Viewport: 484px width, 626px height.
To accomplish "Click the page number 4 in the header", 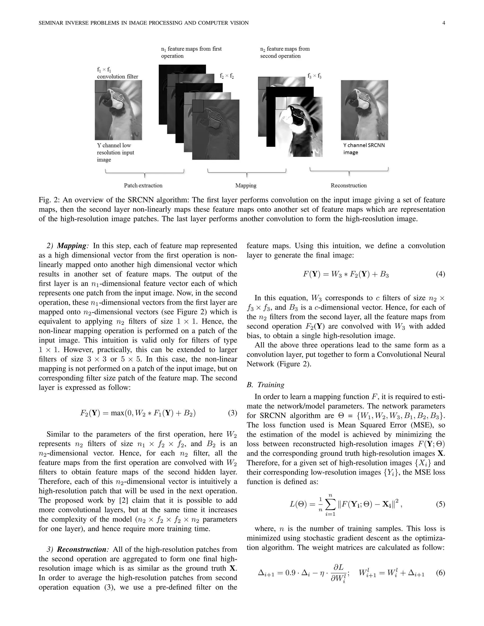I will click(444, 23).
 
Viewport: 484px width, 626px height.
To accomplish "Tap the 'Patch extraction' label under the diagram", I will click(143, 185).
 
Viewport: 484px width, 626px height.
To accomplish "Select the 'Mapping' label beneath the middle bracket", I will click(246, 185).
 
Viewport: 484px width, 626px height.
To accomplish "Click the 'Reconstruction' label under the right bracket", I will click(348, 185).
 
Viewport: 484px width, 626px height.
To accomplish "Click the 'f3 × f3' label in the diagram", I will click(314, 76).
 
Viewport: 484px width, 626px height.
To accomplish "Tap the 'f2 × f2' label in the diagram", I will click(226, 76).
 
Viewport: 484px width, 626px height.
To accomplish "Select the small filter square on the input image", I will click(101, 86).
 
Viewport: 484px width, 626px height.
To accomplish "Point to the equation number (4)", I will click(441, 274).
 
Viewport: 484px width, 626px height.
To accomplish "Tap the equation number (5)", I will click(441, 504).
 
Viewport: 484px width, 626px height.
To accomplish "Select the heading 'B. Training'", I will click(265, 385).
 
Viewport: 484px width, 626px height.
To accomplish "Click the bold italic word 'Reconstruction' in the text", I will click(82, 549).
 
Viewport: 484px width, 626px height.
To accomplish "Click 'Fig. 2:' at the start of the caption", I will click(49, 200).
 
